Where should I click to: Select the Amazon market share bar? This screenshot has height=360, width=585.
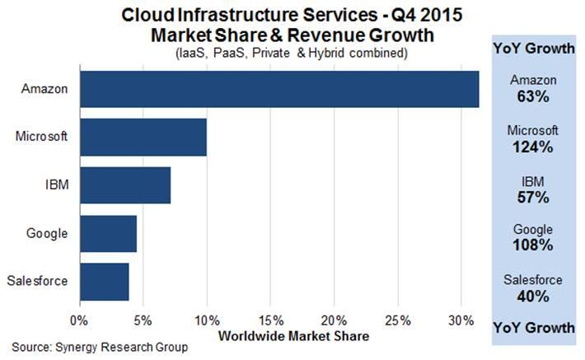tap(279, 89)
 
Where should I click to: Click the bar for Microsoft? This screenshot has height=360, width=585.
tap(143, 137)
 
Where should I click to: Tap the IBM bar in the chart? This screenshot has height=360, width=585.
tap(125, 185)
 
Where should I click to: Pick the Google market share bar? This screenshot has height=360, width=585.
tap(108, 235)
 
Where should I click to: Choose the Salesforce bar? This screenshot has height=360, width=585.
tap(105, 282)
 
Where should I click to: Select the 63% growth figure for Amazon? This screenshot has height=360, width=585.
tap(533, 96)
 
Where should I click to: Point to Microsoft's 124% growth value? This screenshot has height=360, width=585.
tap(533, 147)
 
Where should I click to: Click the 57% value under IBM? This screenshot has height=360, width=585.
tap(533, 197)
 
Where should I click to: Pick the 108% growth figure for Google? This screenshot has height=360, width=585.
tap(533, 245)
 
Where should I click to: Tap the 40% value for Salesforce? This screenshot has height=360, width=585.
tap(533, 296)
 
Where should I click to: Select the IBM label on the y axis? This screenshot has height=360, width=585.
tap(57, 185)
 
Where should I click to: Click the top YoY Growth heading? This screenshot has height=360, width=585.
tap(533, 48)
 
